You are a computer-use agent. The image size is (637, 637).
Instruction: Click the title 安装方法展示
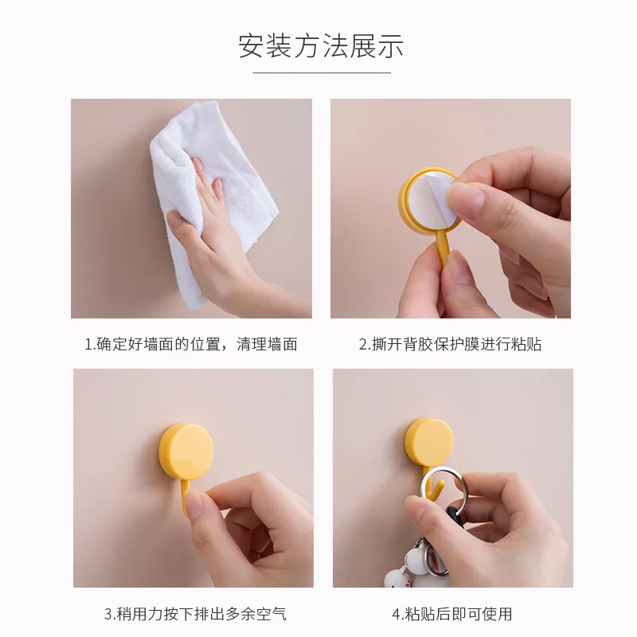click(321, 45)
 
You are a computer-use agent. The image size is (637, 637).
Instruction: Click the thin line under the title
click(321, 72)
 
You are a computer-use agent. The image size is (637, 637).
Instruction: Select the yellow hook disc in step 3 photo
click(186, 451)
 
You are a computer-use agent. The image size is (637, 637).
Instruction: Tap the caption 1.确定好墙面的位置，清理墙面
click(191, 344)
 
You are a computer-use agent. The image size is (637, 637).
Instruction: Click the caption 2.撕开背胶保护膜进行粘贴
click(450, 344)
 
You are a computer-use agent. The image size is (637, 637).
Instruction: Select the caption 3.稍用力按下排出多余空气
click(195, 614)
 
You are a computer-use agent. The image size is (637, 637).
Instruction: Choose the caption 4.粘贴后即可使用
click(451, 614)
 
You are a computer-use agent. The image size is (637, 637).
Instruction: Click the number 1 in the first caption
click(88, 344)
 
